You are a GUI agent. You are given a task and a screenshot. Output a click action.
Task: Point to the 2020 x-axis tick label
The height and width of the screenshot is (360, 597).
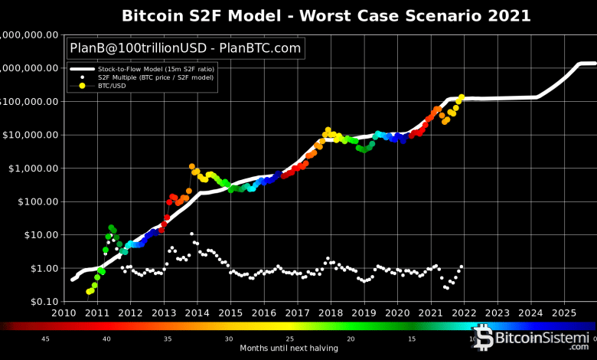point(397,313)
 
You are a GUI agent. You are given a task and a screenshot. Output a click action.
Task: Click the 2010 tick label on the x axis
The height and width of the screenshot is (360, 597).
point(64,313)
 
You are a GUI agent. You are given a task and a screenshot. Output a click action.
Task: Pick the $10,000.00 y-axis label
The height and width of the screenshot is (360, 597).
point(31,135)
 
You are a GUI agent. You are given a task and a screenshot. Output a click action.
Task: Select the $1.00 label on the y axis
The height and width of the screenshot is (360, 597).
point(43,268)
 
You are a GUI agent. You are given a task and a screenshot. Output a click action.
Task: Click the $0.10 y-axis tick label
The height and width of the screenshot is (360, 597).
point(43,302)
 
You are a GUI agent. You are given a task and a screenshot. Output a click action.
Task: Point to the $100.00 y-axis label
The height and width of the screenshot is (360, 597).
point(37,201)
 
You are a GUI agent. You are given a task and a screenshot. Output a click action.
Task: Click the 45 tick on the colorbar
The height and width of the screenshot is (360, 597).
point(46,339)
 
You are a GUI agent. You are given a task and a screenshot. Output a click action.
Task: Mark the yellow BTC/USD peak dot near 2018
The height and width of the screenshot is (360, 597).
point(328,130)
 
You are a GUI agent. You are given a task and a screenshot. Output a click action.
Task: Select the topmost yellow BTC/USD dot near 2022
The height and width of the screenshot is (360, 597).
point(462,97)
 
